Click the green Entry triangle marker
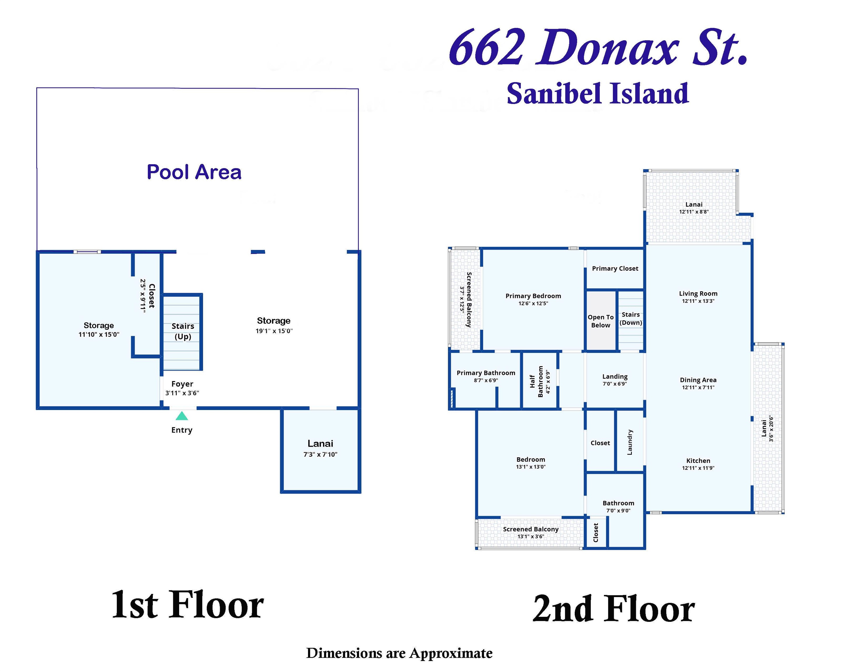tap(182, 416)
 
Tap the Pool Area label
tap(194, 172)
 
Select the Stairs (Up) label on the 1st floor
tap(183, 331)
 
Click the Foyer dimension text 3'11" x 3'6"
tap(182, 393)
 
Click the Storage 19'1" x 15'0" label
tap(274, 325)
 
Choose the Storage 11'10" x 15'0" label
tap(99, 330)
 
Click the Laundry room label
tap(630, 442)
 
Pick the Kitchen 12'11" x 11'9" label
tap(698, 464)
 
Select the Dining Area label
tap(698, 380)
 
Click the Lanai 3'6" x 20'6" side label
tap(767, 428)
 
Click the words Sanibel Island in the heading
tap(597, 94)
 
